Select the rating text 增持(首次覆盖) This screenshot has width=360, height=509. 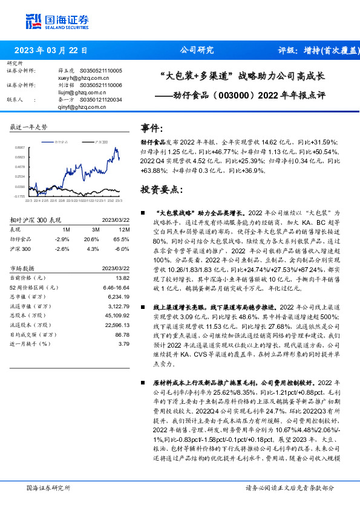[324, 50]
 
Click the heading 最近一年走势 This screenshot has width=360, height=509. [29, 127]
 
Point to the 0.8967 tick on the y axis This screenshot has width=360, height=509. [20, 147]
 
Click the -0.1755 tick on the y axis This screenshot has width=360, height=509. [20, 196]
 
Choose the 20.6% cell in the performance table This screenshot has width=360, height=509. [93, 239]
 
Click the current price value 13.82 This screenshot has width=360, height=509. [122, 277]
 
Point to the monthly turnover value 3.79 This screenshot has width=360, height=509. [124, 343]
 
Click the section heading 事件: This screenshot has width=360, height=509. [152, 128]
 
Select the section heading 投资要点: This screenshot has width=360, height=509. [162, 189]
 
